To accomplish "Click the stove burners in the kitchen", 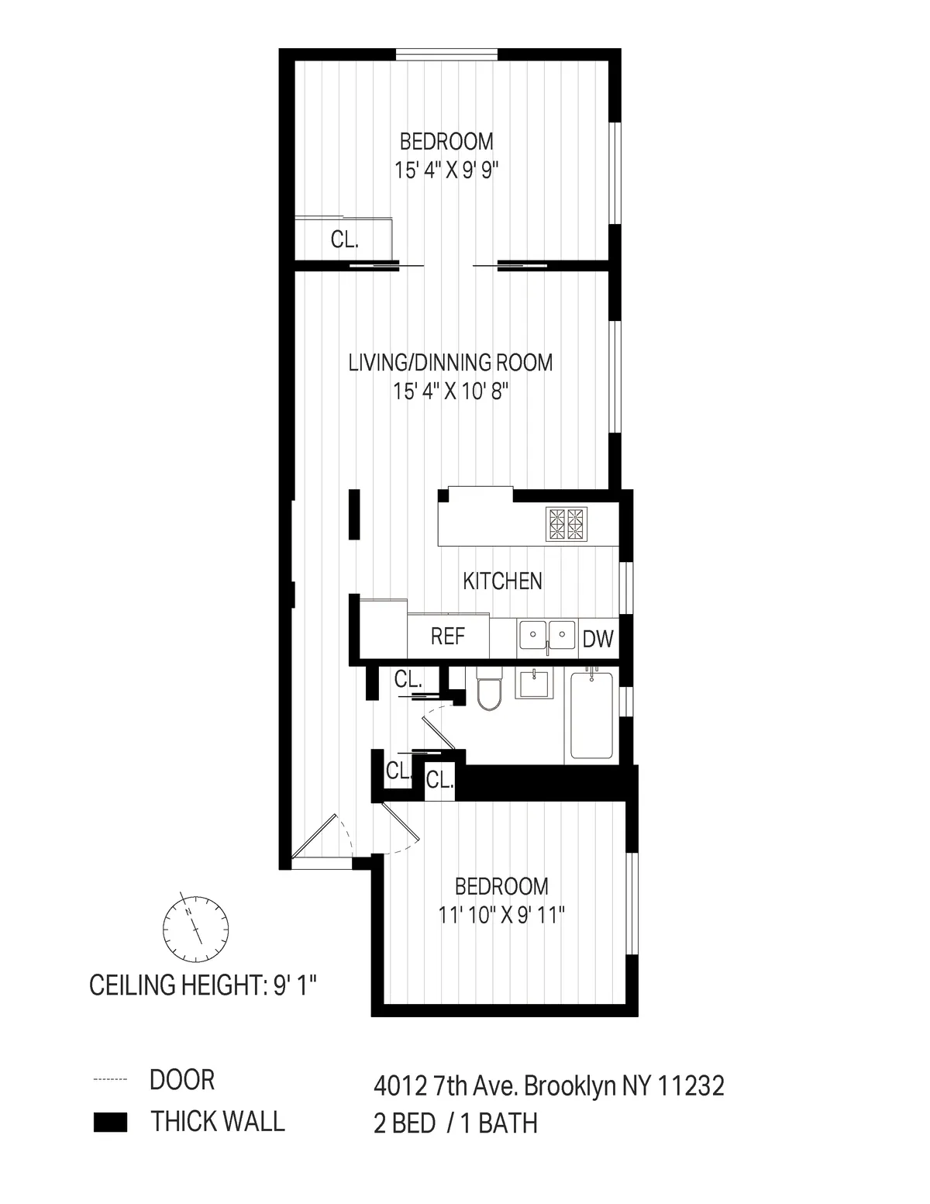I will tap(567, 523).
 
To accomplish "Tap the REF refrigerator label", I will tap(448, 636).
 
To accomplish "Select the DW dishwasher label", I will tap(598, 639).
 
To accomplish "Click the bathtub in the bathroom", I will tap(593, 715).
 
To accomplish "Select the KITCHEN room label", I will tap(502, 581).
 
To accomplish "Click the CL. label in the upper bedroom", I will tap(344, 240).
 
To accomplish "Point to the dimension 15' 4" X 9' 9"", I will tap(446, 170).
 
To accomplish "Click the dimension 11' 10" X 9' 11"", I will tap(501, 916).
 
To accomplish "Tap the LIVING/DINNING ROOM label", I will tap(450, 362).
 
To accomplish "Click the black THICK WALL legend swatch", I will tap(110, 1123).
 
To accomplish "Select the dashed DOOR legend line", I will tap(110, 1080).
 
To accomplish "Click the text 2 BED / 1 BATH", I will tap(455, 1123).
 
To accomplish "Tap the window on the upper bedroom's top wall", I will tap(446, 53).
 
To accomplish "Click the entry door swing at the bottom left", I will tap(319, 837).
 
